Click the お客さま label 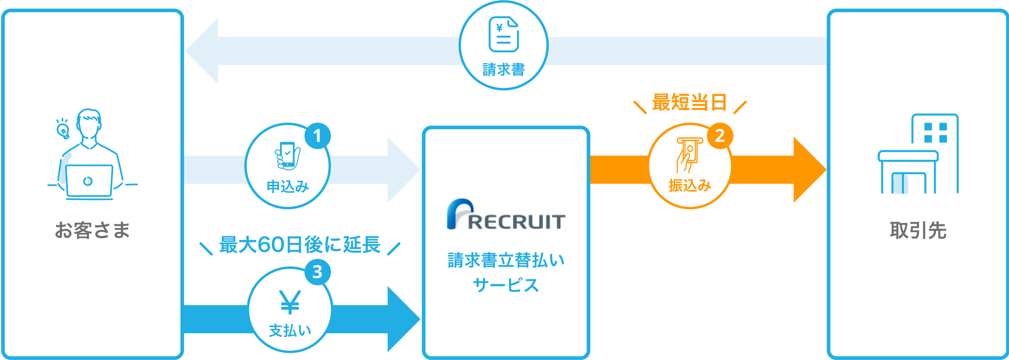[x=92, y=230]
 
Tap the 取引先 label [x=918, y=230]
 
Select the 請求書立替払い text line [x=506, y=260]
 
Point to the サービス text [x=506, y=285]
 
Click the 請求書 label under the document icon [x=503, y=70]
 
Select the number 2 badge [x=720, y=136]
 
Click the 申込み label [x=288, y=186]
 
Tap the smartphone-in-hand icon [x=288, y=155]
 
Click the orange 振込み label [x=690, y=185]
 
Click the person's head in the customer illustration [x=89, y=122]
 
